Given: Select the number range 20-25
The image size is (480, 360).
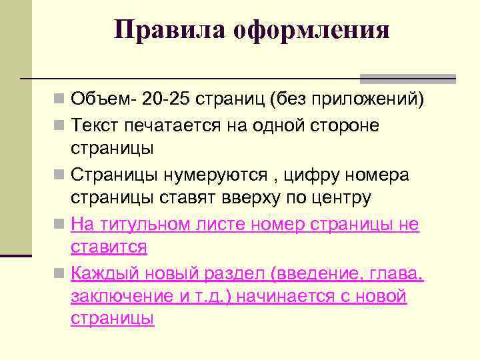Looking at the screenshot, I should [164, 100].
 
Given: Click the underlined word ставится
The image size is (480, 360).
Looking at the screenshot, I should [109, 247].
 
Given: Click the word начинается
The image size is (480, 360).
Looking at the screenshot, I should [296, 297].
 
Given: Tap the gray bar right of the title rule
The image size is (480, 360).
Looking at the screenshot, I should [407, 79].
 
